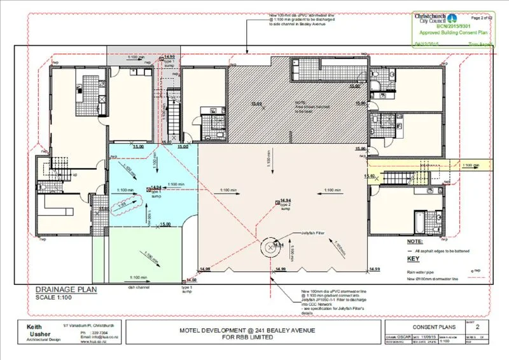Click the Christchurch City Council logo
pos(433,18)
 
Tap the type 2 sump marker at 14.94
pos(278,202)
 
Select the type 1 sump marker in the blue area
pos(146,188)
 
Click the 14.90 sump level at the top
pos(169,57)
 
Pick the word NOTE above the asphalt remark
pos(414,242)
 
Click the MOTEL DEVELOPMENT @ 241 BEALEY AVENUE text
pos(251,330)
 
